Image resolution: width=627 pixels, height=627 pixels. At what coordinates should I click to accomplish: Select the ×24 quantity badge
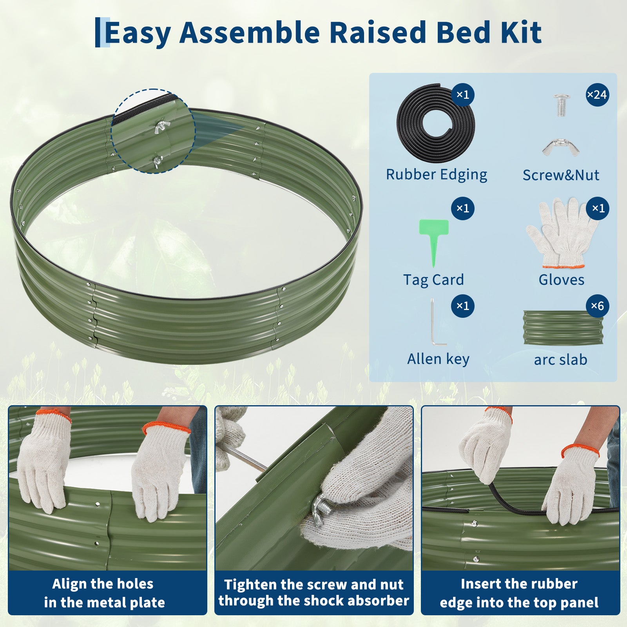point(597,95)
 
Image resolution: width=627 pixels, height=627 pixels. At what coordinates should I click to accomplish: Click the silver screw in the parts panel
point(560,105)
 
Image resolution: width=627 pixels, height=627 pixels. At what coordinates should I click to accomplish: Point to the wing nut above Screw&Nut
point(560,147)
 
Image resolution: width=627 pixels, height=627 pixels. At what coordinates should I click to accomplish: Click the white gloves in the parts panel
point(562,234)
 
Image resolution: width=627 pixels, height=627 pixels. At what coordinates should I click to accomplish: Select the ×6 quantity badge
point(597,306)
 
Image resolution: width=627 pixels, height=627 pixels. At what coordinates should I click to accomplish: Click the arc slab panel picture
point(563,328)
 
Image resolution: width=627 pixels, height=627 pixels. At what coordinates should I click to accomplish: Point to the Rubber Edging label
point(437,175)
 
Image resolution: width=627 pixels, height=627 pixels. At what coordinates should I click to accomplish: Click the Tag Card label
point(433,280)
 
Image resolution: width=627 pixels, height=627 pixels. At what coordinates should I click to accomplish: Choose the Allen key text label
point(438,359)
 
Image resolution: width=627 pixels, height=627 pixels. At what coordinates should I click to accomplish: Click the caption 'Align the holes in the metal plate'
point(104,593)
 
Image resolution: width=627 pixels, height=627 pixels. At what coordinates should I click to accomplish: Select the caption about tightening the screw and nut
point(314,593)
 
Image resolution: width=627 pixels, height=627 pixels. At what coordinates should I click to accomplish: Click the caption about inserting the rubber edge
point(519,593)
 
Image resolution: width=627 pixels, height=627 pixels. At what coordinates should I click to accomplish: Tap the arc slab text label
point(560,360)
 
